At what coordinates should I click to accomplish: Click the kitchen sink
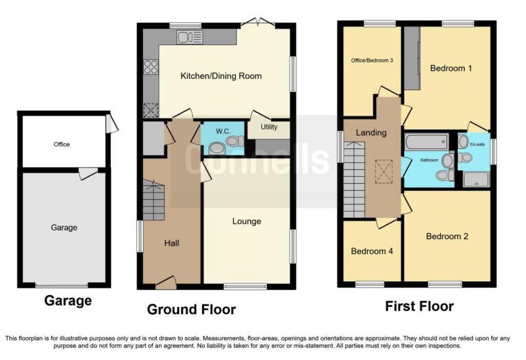pyautogui.click(x=190, y=37)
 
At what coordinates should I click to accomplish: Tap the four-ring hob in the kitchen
pyautogui.click(x=151, y=66)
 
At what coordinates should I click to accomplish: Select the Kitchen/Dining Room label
pyautogui.click(x=221, y=76)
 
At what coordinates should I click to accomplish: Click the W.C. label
pyautogui.click(x=223, y=131)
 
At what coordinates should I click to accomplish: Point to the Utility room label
pyautogui.click(x=269, y=127)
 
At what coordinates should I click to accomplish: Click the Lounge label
pyautogui.click(x=247, y=221)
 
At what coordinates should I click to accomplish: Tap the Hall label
pyautogui.click(x=172, y=243)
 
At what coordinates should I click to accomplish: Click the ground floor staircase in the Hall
pyautogui.click(x=154, y=200)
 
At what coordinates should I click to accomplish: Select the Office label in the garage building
pyautogui.click(x=62, y=144)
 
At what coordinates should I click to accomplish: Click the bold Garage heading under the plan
pyautogui.click(x=68, y=300)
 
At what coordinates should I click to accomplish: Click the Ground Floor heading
pyautogui.click(x=192, y=309)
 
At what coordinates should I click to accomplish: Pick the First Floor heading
pyautogui.click(x=419, y=306)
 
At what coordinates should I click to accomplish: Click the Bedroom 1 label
pyautogui.click(x=451, y=68)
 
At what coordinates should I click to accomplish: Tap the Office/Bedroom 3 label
pyautogui.click(x=372, y=61)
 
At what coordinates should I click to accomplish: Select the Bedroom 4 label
pyautogui.click(x=372, y=251)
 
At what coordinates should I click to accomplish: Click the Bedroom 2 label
pyautogui.click(x=447, y=236)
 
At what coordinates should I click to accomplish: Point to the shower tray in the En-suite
pyautogui.click(x=476, y=179)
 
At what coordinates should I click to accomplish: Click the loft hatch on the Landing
pyautogui.click(x=383, y=172)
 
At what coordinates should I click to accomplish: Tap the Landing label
pyautogui.click(x=371, y=133)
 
